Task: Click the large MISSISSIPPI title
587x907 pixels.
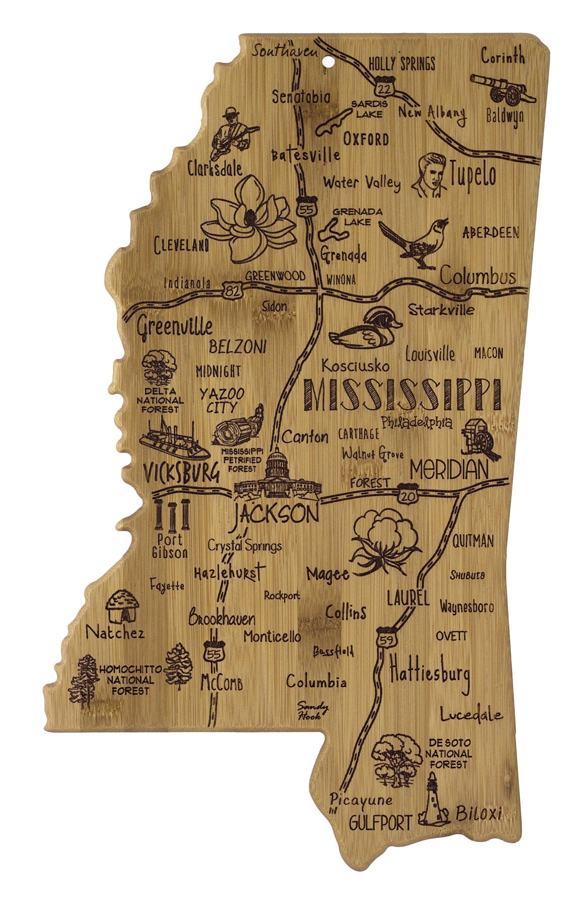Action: tap(399, 396)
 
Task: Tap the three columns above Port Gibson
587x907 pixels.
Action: tap(171, 514)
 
